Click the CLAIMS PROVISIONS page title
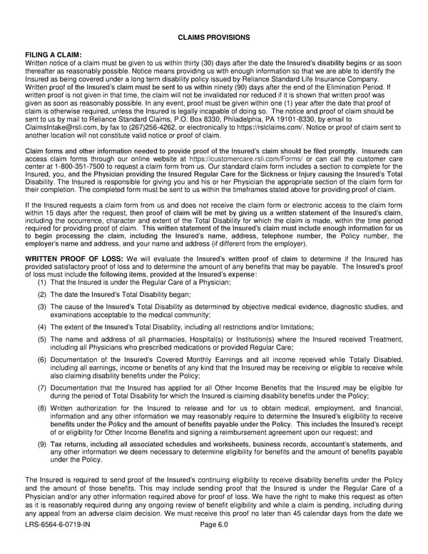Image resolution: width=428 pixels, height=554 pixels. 214,36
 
